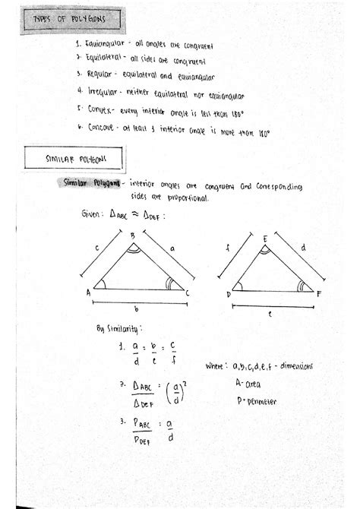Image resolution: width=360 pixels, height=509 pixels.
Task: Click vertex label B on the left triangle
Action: pyautogui.click(x=131, y=236)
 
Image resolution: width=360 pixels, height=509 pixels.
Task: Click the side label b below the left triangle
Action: pyautogui.click(x=134, y=310)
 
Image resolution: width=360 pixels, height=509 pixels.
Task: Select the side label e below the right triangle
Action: pyautogui.click(x=270, y=312)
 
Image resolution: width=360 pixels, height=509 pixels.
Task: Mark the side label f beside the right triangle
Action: pyautogui.click(x=227, y=248)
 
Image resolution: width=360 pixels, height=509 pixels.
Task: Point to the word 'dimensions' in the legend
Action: pyautogui.click(x=292, y=367)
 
